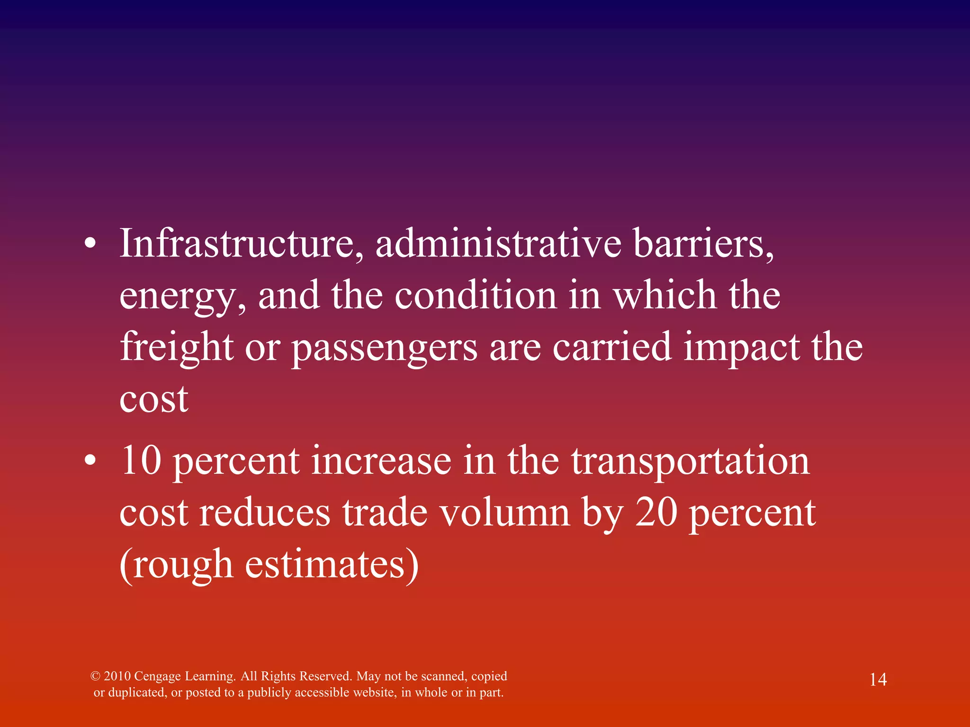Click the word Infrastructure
242,244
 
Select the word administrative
498,244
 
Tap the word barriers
704,244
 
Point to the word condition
476,295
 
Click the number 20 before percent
656,513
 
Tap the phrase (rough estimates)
269,565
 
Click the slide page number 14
878,680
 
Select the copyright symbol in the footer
95,676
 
